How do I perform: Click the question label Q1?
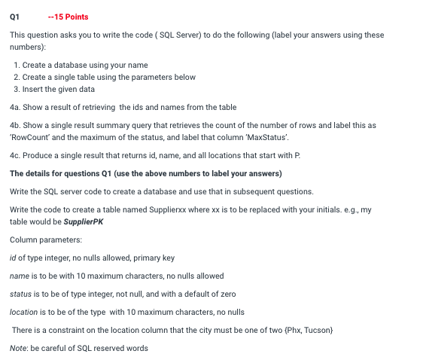[x=14, y=17]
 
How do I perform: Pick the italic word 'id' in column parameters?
[x=13, y=258]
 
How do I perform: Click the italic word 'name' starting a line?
[x=20, y=276]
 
